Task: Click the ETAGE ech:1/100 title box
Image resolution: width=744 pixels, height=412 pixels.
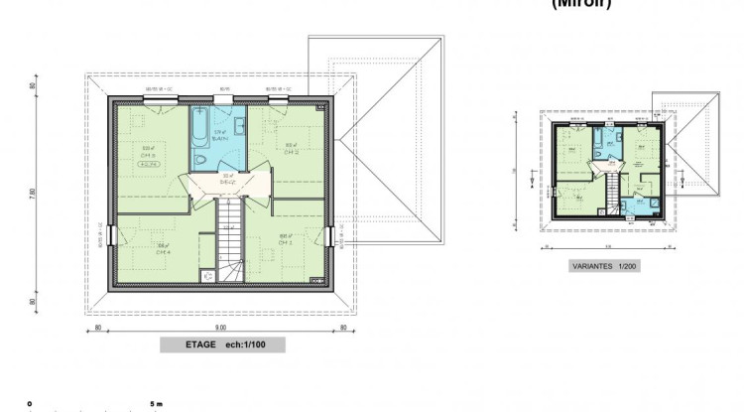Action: point(221,345)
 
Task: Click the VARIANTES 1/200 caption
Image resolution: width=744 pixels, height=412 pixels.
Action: point(602,267)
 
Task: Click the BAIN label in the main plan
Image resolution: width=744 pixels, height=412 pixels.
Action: point(219,138)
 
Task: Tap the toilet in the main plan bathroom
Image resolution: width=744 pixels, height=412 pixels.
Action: point(201,160)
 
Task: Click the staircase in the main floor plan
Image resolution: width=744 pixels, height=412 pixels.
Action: point(229,238)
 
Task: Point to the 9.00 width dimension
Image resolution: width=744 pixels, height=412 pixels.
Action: point(221,327)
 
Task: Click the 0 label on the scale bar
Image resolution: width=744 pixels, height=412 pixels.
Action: point(31,404)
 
